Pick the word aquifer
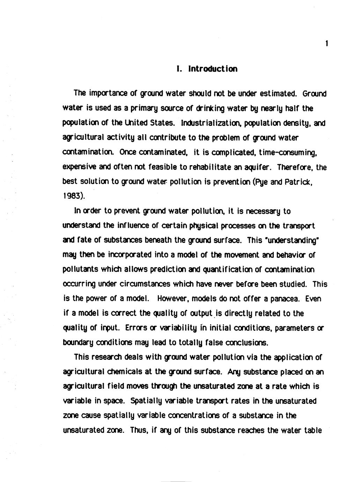(x=257, y=167)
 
